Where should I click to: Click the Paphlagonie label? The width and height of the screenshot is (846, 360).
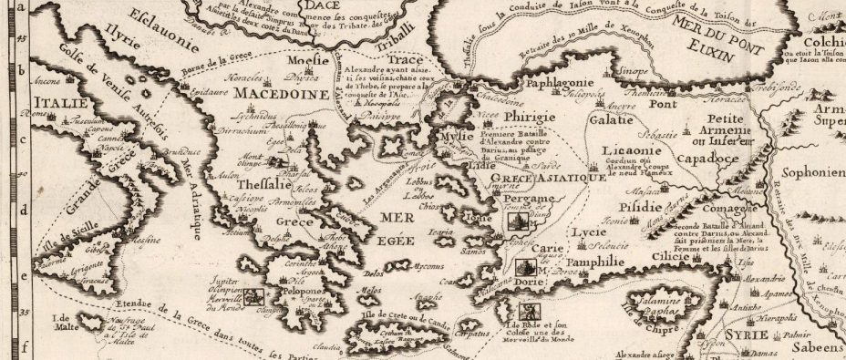(x=561, y=85)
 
